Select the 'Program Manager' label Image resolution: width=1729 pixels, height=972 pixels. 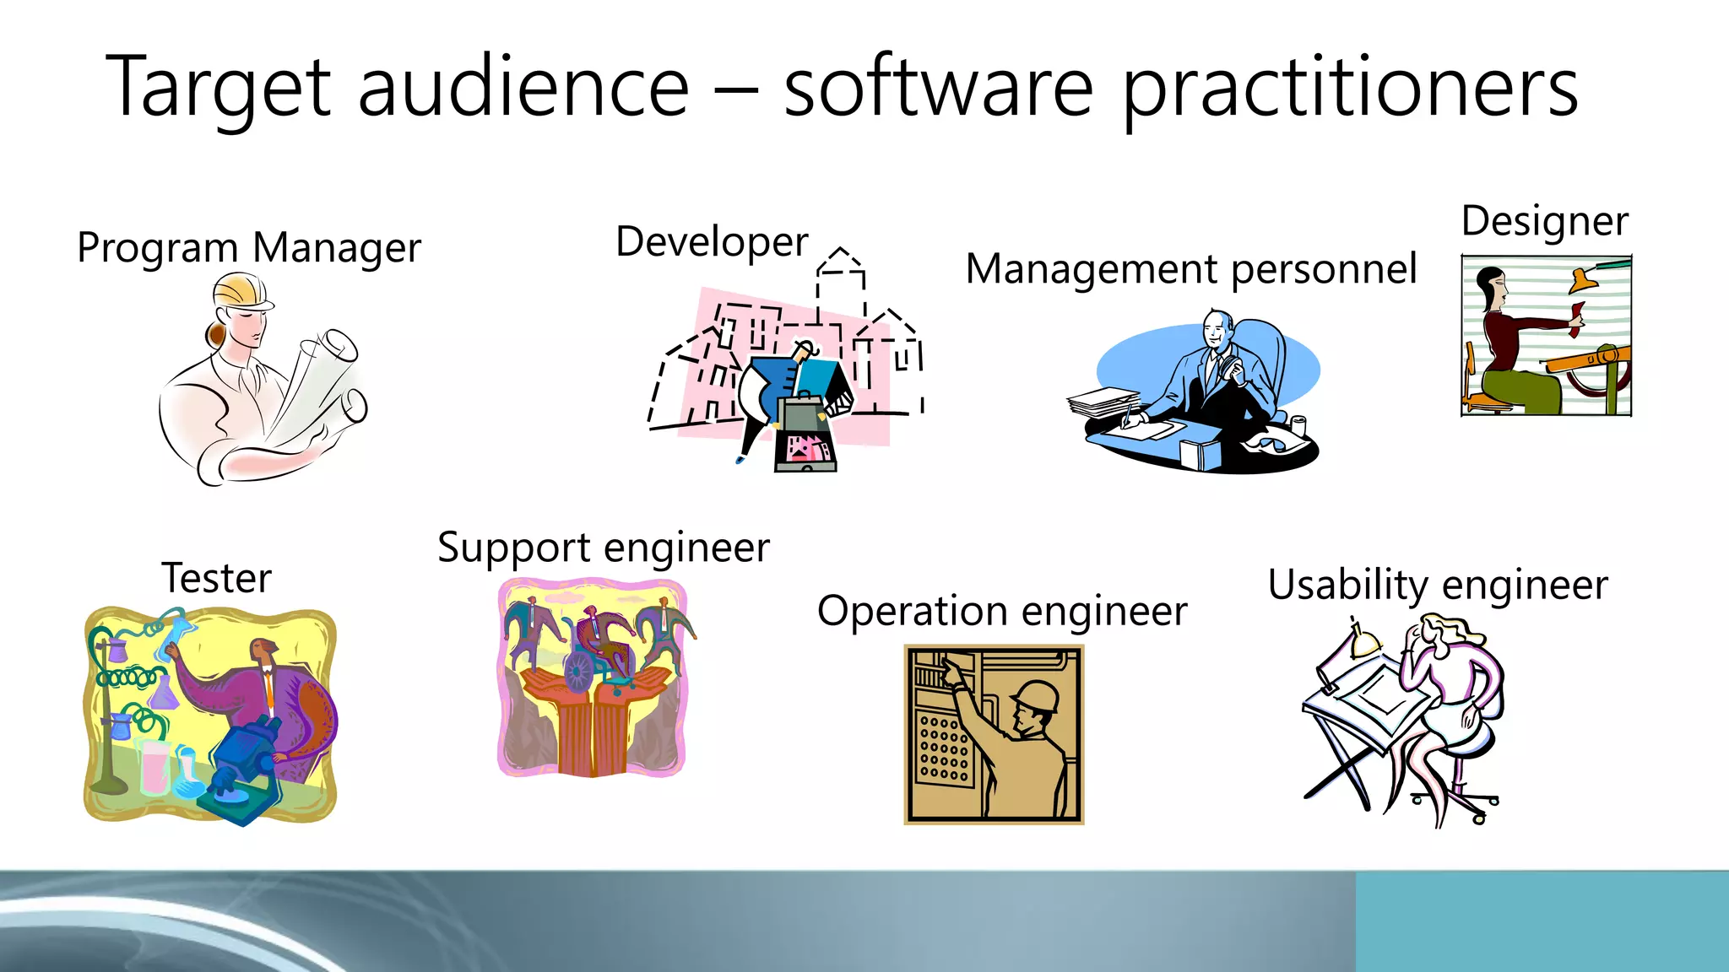pos(249,248)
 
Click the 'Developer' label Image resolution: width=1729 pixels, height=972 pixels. pos(712,242)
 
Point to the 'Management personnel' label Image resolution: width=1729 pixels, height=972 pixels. pos(1190,269)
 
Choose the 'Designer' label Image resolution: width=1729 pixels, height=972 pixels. pos(1544,221)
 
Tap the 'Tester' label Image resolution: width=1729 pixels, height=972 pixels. pos(216,579)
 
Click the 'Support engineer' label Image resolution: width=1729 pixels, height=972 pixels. pos(604,548)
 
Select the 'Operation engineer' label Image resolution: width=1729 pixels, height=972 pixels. pos(1001,611)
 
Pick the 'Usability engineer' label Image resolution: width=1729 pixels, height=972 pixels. pos(1437,585)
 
